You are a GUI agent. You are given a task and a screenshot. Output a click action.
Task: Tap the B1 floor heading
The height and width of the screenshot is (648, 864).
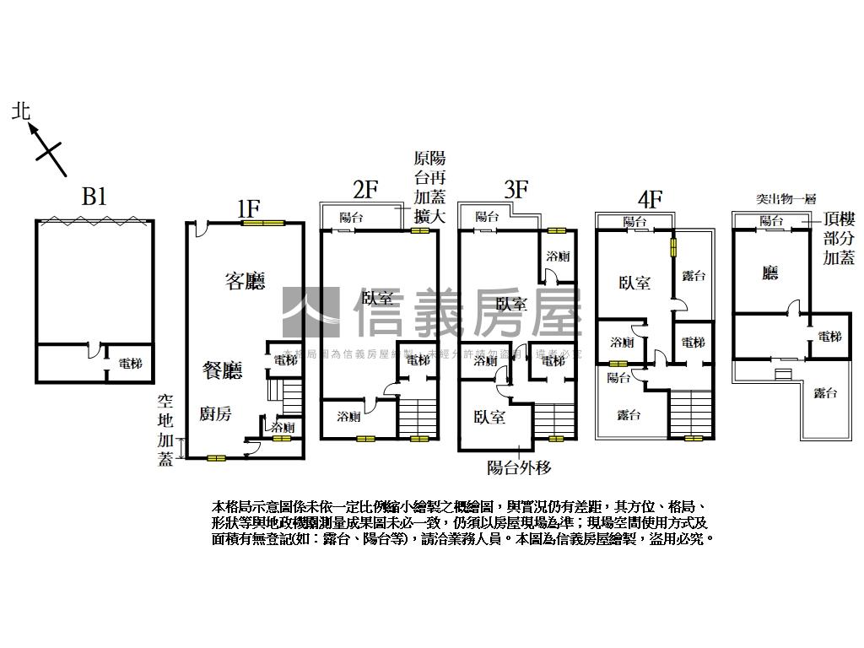(x=94, y=197)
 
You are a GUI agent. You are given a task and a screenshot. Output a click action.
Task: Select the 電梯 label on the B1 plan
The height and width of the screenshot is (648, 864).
(x=130, y=364)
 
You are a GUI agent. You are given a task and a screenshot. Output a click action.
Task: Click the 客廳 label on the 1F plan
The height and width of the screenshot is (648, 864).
(x=245, y=281)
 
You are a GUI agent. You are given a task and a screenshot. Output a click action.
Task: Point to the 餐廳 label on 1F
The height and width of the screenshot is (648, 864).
(x=222, y=369)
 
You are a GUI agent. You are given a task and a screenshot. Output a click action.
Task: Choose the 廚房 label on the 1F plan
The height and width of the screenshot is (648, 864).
(x=215, y=413)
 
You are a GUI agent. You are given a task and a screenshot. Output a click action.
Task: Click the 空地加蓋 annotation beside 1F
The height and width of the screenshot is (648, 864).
(x=165, y=430)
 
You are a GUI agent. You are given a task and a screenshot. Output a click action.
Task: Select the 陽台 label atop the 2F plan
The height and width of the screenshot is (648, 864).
(x=351, y=218)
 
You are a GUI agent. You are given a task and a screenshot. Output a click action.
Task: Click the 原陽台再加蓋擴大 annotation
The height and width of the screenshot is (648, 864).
(x=429, y=188)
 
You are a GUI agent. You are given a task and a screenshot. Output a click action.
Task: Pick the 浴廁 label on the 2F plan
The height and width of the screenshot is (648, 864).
(x=349, y=416)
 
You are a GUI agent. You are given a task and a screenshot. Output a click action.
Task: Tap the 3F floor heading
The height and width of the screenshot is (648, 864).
(x=516, y=189)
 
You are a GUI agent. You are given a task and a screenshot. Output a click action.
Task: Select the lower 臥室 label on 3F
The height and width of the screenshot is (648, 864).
(x=489, y=417)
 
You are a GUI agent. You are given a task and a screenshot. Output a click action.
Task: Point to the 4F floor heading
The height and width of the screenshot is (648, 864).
(x=650, y=199)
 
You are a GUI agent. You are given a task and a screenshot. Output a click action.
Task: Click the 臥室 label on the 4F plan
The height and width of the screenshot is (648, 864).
(x=634, y=283)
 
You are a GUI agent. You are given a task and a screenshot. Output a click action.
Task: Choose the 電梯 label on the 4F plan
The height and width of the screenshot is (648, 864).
(x=693, y=342)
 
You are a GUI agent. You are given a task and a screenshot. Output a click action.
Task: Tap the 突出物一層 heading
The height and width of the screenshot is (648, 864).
(x=785, y=199)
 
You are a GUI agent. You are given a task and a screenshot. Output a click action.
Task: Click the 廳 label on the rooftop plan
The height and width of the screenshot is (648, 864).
(x=769, y=273)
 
